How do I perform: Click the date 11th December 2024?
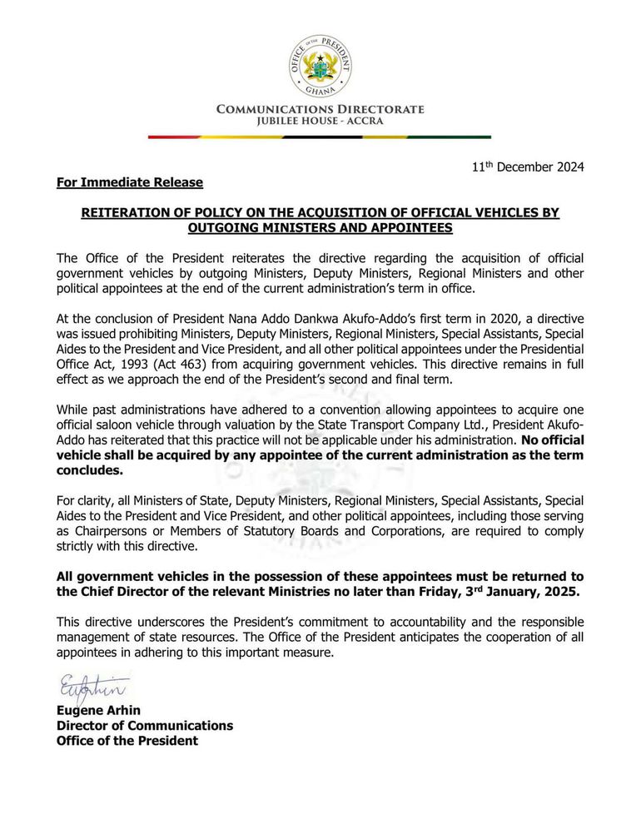point(528,166)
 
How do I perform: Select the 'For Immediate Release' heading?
point(130,182)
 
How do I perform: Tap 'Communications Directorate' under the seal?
point(320,110)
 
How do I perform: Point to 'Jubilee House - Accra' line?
point(320,122)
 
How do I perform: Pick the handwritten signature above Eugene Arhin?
point(92,689)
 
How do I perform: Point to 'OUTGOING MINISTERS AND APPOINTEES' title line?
point(320,228)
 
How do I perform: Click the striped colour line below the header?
point(320,137)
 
